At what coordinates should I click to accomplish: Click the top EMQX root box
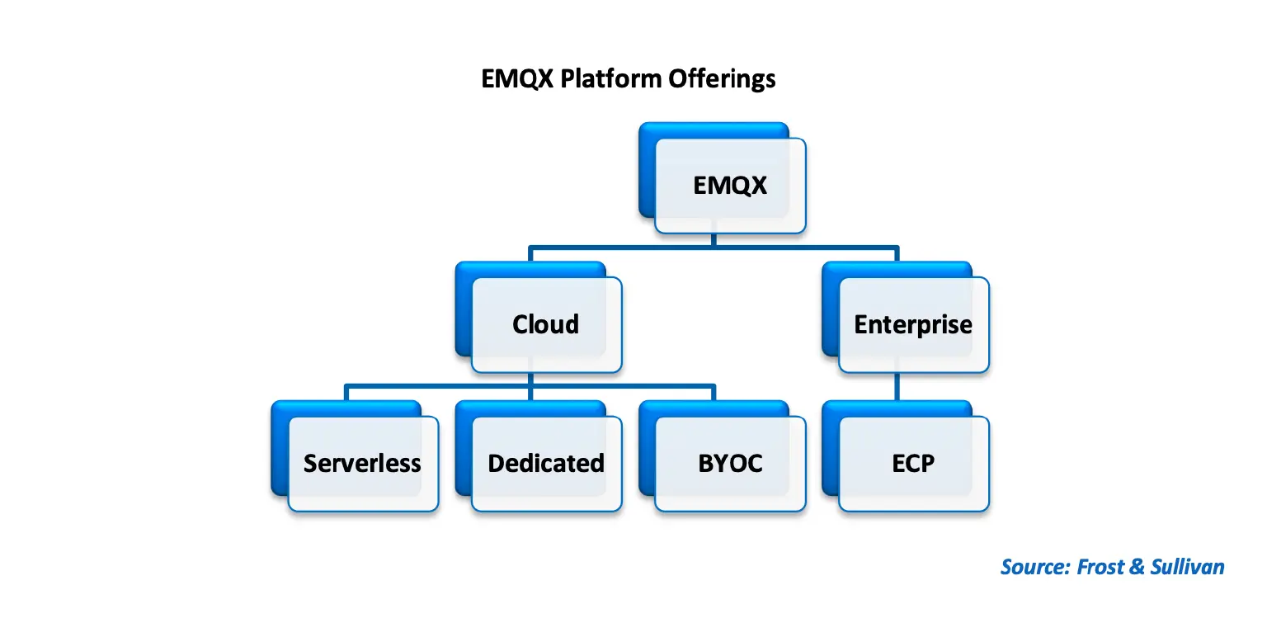pyautogui.click(x=730, y=186)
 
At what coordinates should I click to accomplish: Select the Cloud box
pyautogui.click(x=546, y=324)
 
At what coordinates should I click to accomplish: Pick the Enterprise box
pyautogui.click(x=913, y=324)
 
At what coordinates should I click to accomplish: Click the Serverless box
pyautogui.click(x=362, y=463)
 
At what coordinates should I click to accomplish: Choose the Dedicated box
pyautogui.click(x=546, y=463)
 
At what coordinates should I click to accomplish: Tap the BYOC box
pyautogui.click(x=730, y=463)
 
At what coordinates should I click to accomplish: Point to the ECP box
pyautogui.click(x=913, y=463)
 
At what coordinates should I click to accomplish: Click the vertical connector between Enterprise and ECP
pyautogui.click(x=897, y=387)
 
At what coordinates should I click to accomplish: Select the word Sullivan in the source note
pyautogui.click(x=1188, y=567)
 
